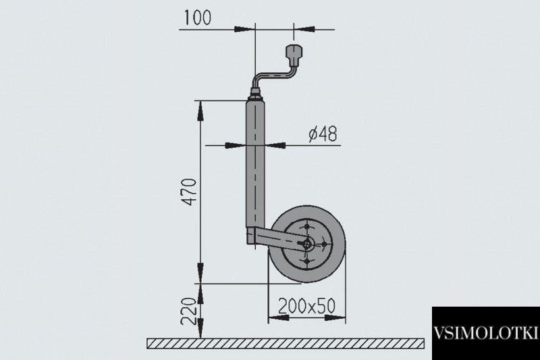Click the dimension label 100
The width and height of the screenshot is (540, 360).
(x=197, y=18)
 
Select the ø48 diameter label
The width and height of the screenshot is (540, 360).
(x=323, y=134)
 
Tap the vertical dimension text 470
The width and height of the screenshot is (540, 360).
(x=189, y=192)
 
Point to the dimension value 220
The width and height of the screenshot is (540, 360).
(x=189, y=311)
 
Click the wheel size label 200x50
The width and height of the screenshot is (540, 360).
(x=306, y=305)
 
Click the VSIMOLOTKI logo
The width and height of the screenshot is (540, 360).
(x=485, y=334)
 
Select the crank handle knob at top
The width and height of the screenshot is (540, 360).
(x=294, y=55)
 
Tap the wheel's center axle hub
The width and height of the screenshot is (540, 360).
(x=306, y=244)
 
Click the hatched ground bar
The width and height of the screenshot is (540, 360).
(x=286, y=344)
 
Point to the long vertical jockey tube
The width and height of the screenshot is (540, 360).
(x=255, y=163)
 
